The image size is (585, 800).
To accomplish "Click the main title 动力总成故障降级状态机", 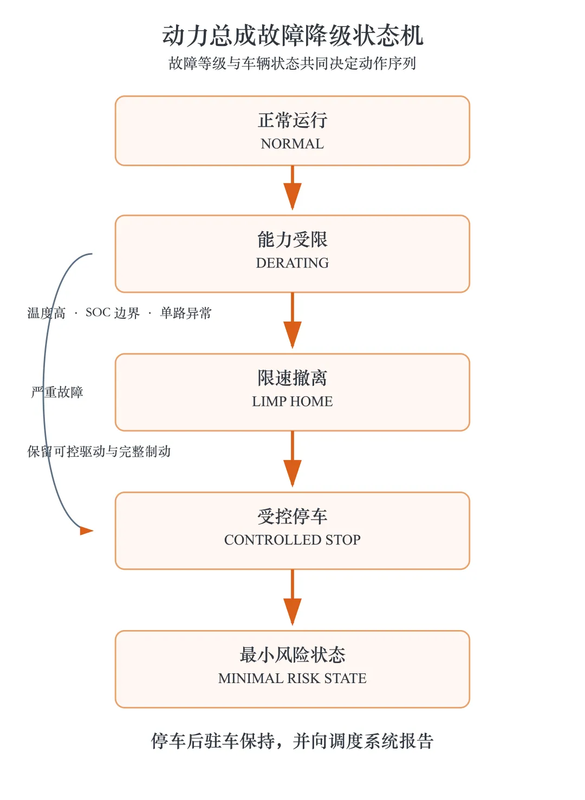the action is (292, 35).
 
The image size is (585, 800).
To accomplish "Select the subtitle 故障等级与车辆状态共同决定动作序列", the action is (292, 63).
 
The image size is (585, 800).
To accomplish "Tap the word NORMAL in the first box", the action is (292, 143).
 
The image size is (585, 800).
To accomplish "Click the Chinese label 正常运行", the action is (292, 120).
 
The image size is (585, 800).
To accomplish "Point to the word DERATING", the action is (292, 263).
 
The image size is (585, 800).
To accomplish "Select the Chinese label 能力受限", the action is (292, 239).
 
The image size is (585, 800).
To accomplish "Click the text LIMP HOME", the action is (292, 402).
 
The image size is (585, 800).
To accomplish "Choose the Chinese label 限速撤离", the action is (292, 378).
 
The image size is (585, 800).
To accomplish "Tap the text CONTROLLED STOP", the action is (292, 540).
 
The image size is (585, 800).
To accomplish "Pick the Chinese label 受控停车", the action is (292, 516).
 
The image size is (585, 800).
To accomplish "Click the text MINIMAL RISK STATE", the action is (292, 678).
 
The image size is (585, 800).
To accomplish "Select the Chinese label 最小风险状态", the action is (292, 654).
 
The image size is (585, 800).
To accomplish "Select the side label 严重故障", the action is (57, 392).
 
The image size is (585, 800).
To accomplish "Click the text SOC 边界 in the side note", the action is (113, 313).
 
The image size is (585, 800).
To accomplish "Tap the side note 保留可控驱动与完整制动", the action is (99, 451).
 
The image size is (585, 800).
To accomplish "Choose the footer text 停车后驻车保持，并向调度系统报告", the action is (292, 741).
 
